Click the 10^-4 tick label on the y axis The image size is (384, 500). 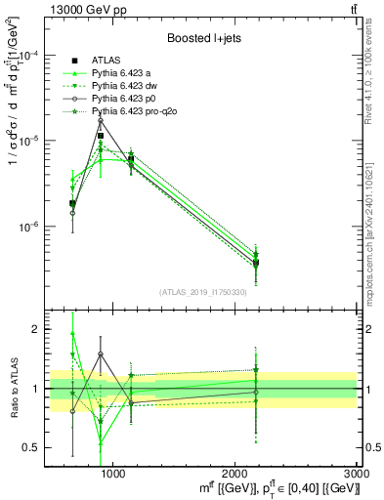tap(30, 56)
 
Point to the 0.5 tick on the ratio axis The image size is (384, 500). tap(34, 448)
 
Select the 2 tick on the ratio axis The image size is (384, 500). tap(38, 330)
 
